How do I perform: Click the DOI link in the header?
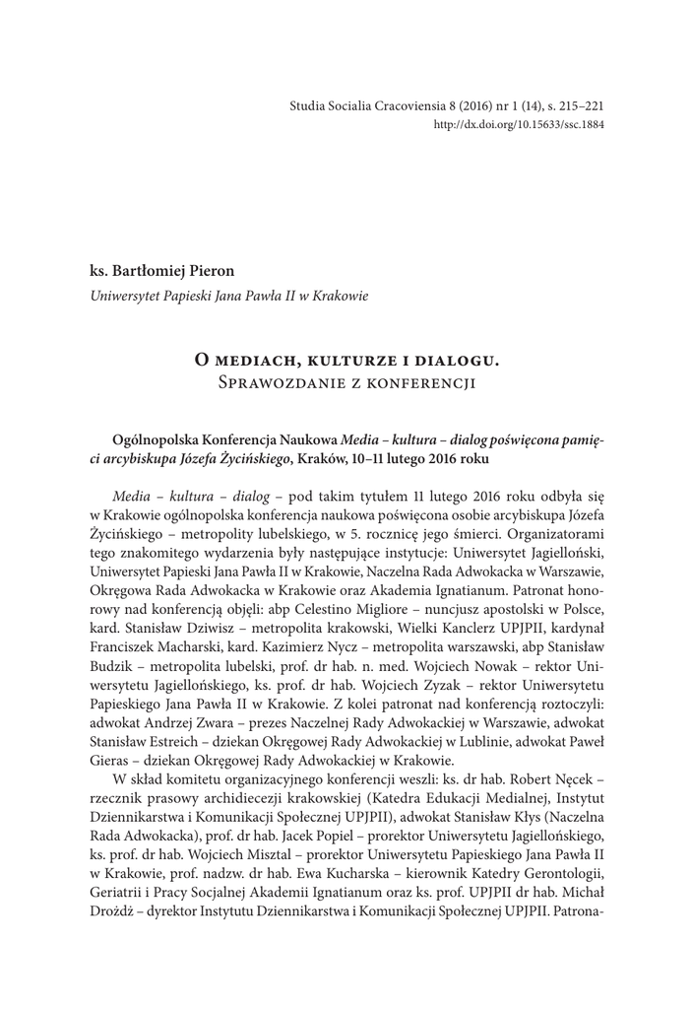[519, 125]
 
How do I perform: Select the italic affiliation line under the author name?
[228, 296]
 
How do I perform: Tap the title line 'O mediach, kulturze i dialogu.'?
[346, 358]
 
